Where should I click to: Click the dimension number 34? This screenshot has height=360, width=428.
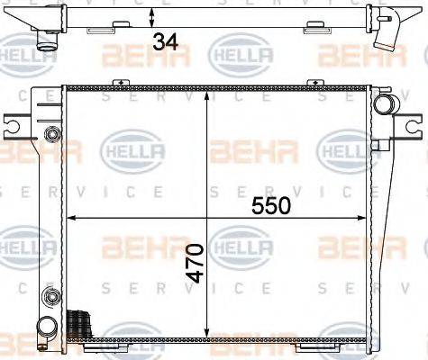164,40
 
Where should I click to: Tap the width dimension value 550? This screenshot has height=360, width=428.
271,205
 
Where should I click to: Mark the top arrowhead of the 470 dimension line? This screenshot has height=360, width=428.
209,93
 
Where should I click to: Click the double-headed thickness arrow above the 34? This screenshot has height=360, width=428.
154,17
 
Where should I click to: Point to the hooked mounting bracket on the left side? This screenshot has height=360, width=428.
17,128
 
